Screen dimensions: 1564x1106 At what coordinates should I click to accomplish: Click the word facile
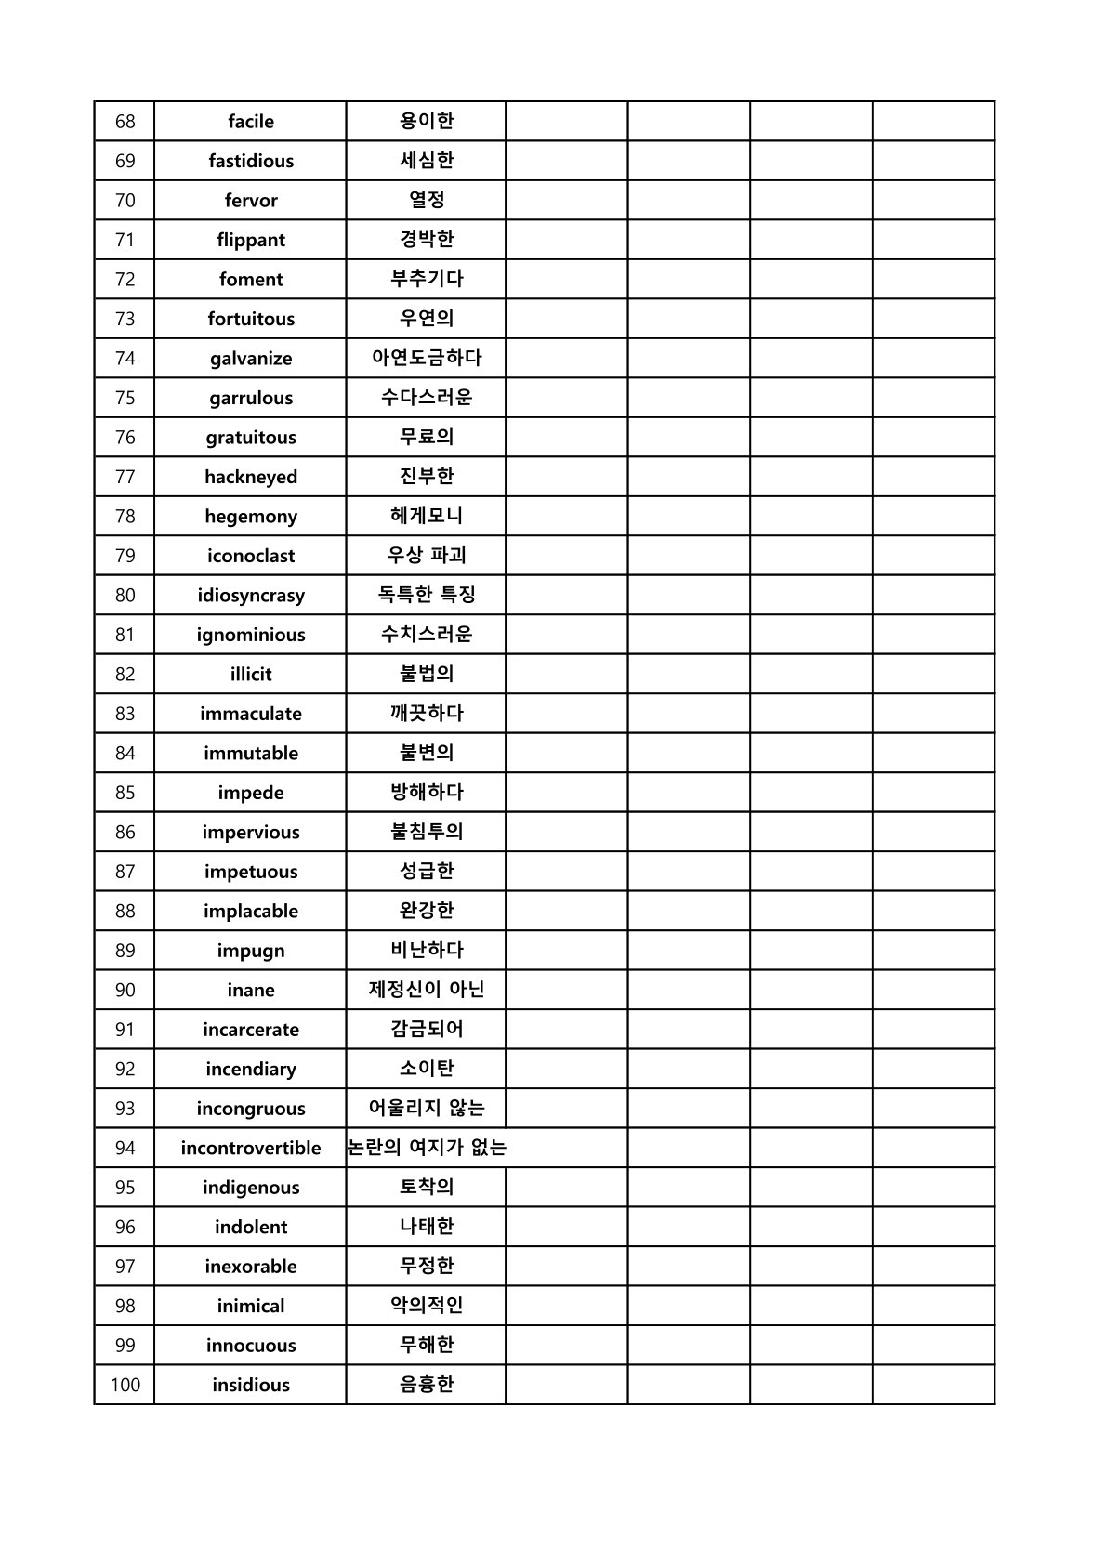pos(251,122)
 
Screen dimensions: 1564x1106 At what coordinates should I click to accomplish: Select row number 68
pos(125,122)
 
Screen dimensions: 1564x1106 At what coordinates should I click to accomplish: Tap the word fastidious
pos(251,161)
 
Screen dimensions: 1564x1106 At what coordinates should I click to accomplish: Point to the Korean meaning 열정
pos(427,200)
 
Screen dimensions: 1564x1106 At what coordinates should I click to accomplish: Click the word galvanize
pos(251,359)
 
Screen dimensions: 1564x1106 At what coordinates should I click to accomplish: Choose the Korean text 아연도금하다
pos(427,358)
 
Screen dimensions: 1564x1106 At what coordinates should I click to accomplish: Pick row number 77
pos(125,477)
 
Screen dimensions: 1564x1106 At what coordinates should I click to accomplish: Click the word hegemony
pos(251,517)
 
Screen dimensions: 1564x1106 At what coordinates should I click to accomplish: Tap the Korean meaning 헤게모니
pos(427,516)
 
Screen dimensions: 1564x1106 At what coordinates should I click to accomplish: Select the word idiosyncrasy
pos(251,596)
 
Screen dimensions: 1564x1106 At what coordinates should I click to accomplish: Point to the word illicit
pos(251,675)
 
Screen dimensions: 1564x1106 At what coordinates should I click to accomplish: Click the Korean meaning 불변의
pos(427,753)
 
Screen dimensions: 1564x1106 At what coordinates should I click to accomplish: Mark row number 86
pos(125,833)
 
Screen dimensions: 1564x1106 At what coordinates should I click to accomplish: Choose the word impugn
pos(251,951)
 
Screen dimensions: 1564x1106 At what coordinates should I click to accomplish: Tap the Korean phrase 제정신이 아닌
pos(427,990)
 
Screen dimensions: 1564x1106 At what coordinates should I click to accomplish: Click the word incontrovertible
pos(251,1149)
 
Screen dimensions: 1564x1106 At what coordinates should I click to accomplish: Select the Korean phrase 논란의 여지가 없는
pos(427,1148)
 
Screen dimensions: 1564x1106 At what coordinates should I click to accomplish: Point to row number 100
pos(125,1386)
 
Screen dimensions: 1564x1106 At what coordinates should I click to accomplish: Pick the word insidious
pos(251,1386)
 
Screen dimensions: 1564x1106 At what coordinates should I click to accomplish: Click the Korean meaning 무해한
pos(427,1345)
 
